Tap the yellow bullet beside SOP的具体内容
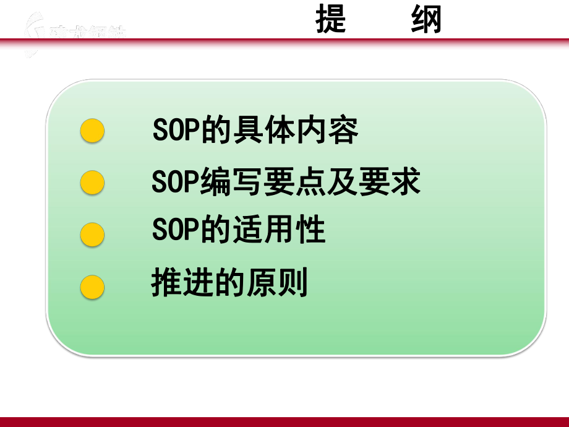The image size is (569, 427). pos(93,131)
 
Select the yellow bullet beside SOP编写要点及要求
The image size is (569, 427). pos(93,183)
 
